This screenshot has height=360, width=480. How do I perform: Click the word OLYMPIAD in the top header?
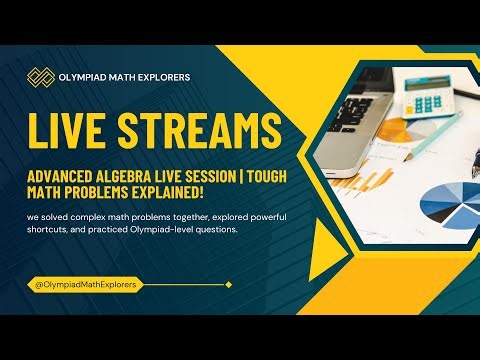click(89, 77)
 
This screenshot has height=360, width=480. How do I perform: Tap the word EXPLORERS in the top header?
click(162, 77)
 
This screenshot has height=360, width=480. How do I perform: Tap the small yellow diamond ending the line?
click(228, 285)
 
